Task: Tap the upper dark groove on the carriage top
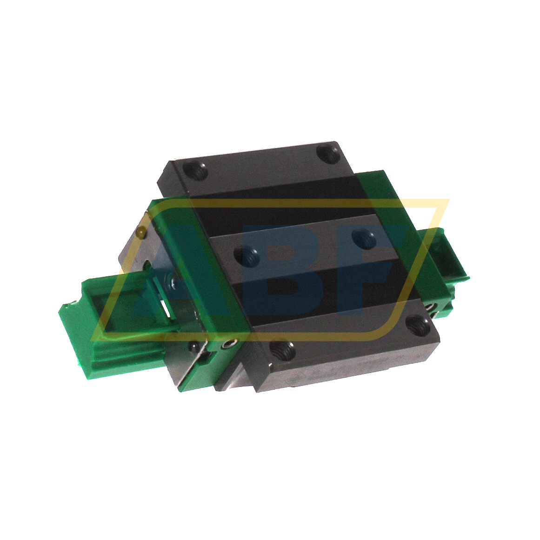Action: point(279,209)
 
